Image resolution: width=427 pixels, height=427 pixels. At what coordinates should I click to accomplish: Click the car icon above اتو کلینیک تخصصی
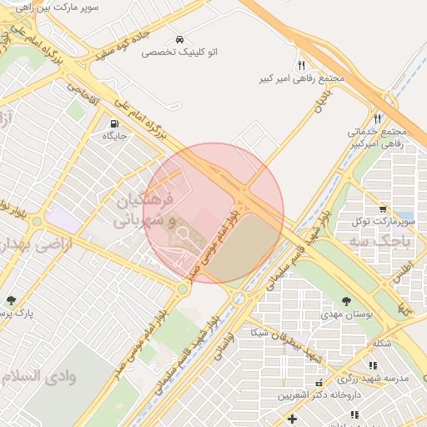point(180,39)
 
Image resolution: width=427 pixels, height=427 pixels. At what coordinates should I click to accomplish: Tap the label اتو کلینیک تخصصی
point(179,52)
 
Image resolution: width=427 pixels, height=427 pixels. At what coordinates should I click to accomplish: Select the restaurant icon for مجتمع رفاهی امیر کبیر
point(301,64)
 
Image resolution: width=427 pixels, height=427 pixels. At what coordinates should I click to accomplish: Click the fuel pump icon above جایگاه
point(113,123)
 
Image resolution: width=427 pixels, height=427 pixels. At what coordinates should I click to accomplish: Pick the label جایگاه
point(113,135)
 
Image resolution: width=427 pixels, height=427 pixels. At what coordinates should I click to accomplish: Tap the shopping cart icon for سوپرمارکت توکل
point(383,208)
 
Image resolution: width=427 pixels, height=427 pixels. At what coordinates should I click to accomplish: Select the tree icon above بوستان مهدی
point(346,299)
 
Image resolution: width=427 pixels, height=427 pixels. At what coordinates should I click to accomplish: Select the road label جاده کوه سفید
point(114,43)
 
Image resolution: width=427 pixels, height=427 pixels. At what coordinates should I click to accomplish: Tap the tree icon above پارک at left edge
point(11,300)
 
